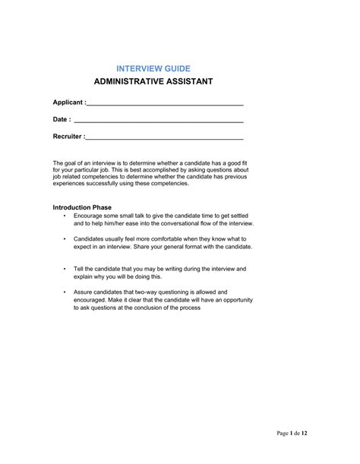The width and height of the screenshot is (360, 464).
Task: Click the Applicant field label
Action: [x=69, y=102]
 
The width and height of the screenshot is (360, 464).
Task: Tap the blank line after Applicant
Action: [x=166, y=103]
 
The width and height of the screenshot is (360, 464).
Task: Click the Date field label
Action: [x=62, y=119]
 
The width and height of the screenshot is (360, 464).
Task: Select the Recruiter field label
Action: [x=68, y=137]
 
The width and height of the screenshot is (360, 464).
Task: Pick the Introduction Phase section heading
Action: [x=82, y=207]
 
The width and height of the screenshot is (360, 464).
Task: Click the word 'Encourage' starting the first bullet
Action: [x=90, y=216]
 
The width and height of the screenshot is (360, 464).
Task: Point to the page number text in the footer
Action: [x=292, y=433]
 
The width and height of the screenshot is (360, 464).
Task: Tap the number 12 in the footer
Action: [x=304, y=433]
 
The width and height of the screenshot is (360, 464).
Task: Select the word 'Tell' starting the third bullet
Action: [x=80, y=269]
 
